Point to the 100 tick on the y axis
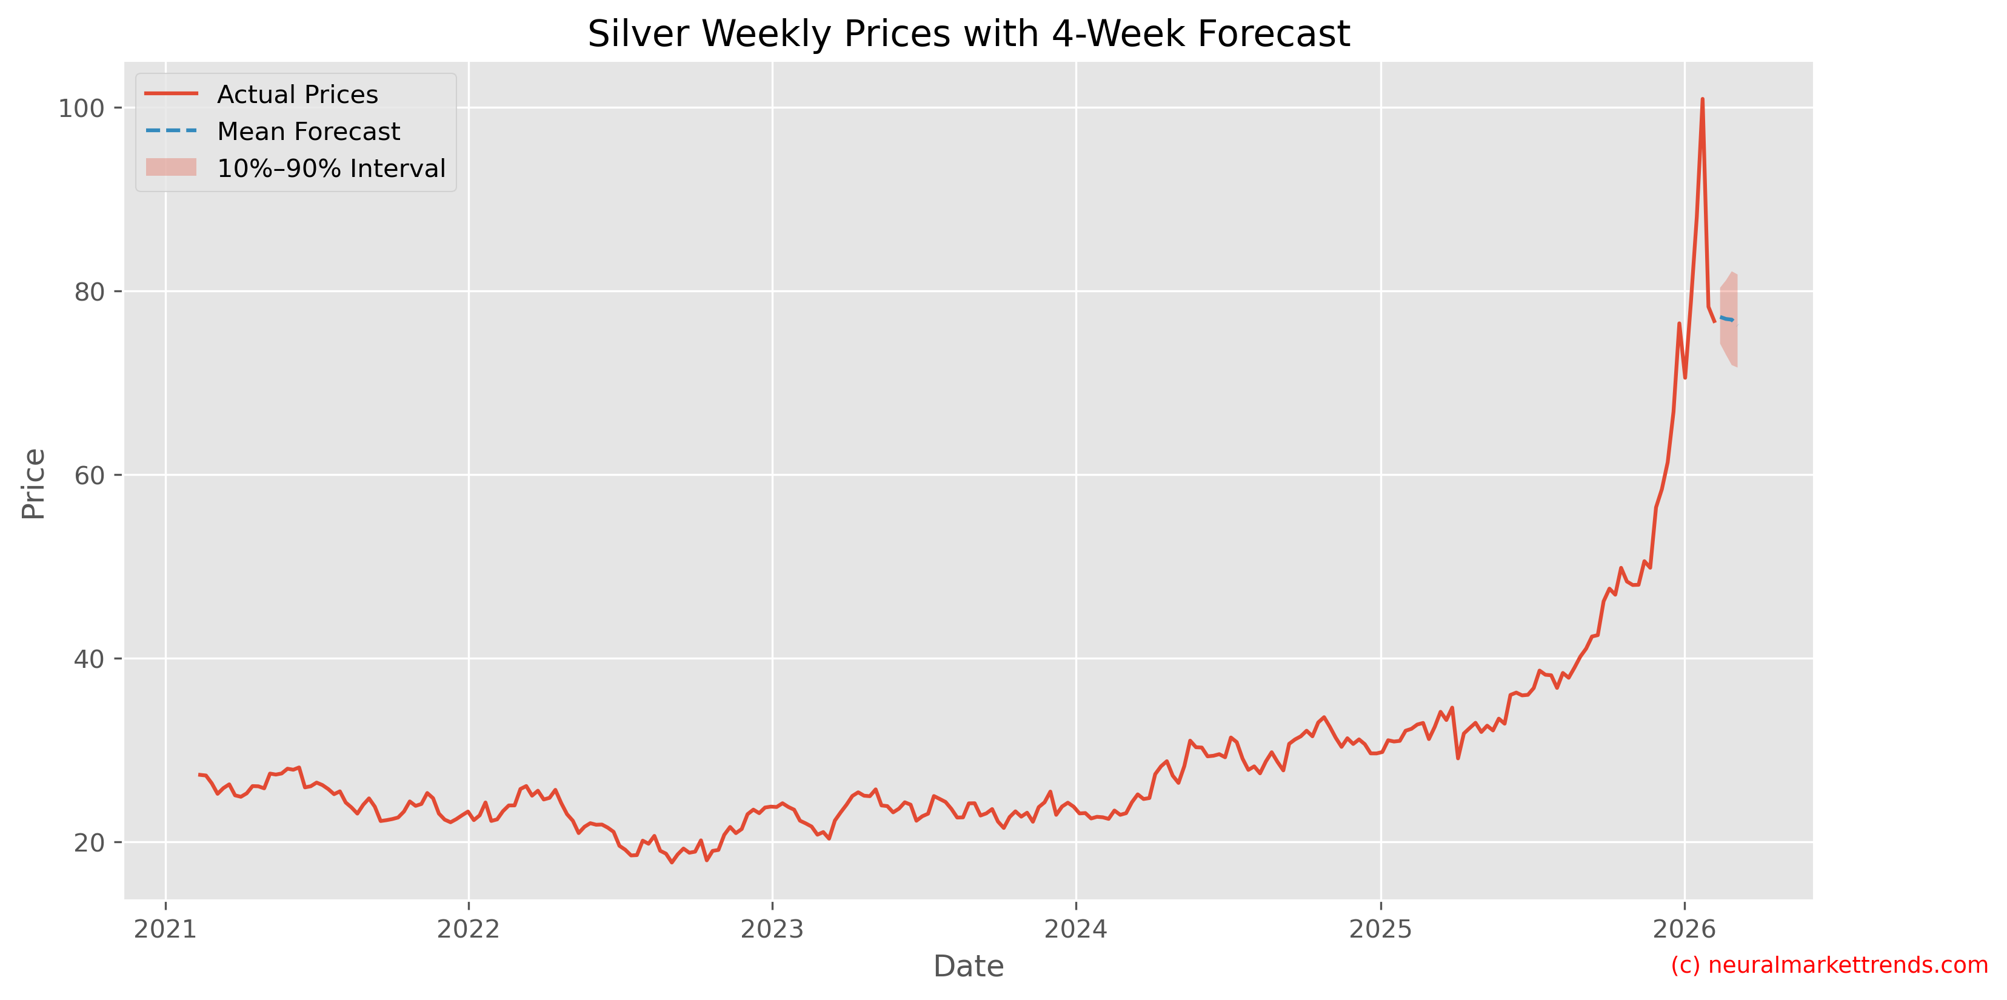pyautogui.click(x=81, y=108)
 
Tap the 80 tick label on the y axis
pyautogui.click(x=89, y=292)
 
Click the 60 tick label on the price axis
pyautogui.click(x=89, y=475)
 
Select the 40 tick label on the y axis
pyautogui.click(x=89, y=659)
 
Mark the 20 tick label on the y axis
pyautogui.click(x=89, y=842)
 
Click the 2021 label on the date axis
pyautogui.click(x=165, y=928)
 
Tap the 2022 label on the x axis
pyautogui.click(x=468, y=928)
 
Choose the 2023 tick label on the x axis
pyautogui.click(x=772, y=928)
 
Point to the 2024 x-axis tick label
pyautogui.click(x=1076, y=928)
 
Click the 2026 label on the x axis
pyautogui.click(x=1685, y=928)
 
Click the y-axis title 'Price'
pyautogui.click(x=33, y=484)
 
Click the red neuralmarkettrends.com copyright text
pyautogui.click(x=1829, y=965)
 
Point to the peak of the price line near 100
pyautogui.click(x=1702, y=99)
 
